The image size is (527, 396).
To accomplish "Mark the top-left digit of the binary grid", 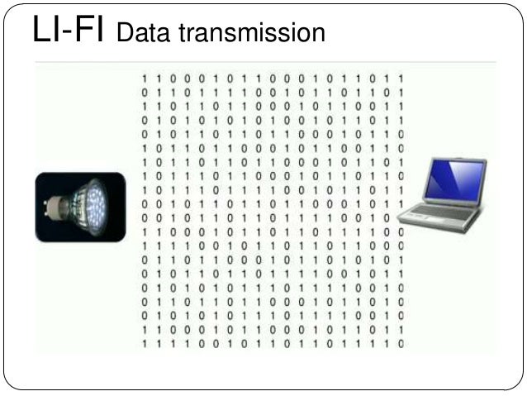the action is (x=145, y=79).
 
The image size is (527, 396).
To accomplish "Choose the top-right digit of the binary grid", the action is (x=401, y=79).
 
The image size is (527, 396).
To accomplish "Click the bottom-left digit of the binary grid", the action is (x=145, y=342).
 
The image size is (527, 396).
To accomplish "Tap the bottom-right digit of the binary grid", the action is (x=401, y=342).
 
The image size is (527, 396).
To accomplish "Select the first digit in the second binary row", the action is (x=145, y=92).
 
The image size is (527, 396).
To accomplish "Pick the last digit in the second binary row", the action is (x=401, y=92).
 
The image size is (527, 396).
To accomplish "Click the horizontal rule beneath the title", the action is (x=264, y=62).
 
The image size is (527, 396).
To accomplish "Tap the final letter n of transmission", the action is (x=319, y=36).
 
